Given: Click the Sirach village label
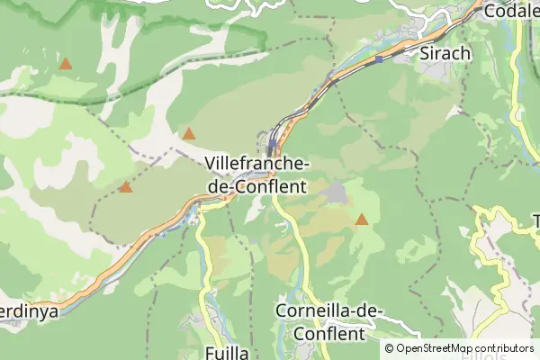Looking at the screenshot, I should coord(445,53).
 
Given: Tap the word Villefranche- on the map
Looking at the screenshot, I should coord(257,164).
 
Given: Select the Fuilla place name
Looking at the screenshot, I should coord(226,352).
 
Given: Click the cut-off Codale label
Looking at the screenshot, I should coord(510,12).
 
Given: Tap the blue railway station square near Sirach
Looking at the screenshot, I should coord(379,59).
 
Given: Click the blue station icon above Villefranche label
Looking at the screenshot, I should coord(272,143).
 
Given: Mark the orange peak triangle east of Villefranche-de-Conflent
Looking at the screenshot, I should coord(362,219).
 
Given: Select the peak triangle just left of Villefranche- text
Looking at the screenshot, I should coord(189,134).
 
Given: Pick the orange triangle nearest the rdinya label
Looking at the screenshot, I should coord(125,187).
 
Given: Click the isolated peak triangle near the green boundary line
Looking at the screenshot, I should coord(66,64).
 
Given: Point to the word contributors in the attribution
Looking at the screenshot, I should coord(505,347).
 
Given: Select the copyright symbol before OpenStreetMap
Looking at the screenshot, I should coord(390,347).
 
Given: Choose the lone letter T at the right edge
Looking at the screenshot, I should coord(535,221).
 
